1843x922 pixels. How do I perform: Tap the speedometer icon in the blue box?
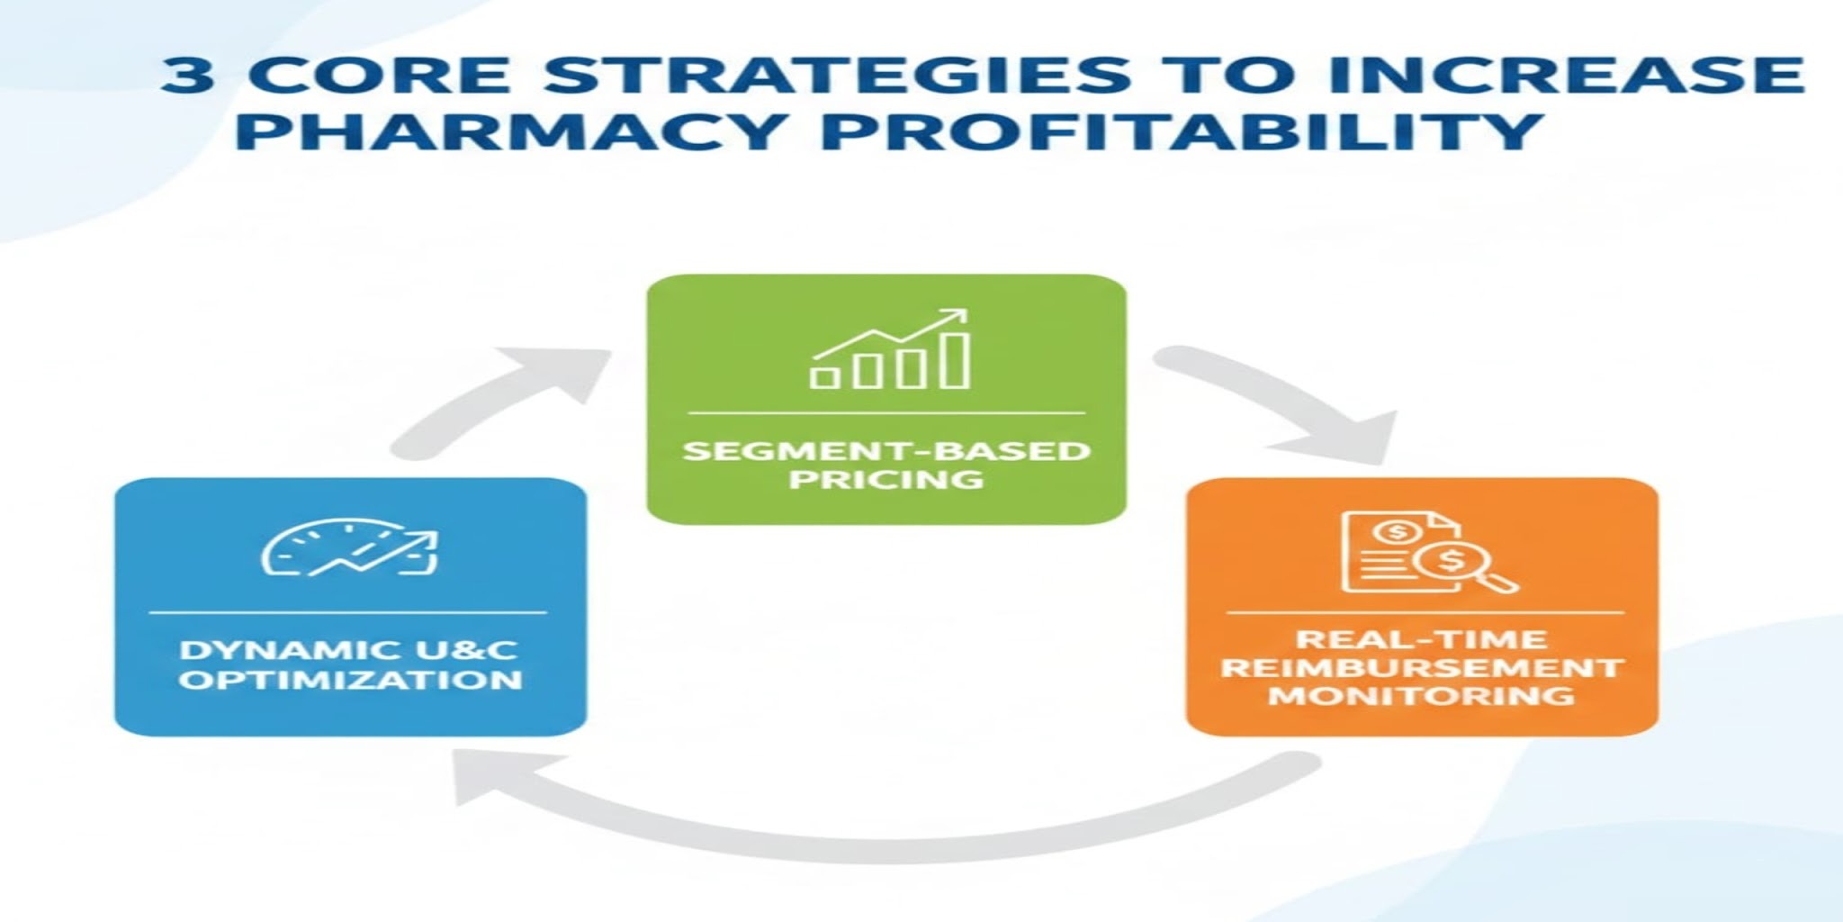point(349,548)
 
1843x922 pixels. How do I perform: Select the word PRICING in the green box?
point(886,479)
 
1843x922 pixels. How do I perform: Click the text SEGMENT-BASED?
point(886,449)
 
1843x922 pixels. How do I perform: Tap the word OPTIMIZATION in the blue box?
point(350,679)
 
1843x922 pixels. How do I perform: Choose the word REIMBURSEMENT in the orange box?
point(1422,668)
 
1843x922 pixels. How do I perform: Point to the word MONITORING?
point(1422,696)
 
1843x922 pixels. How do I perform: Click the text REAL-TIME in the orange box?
point(1422,639)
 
